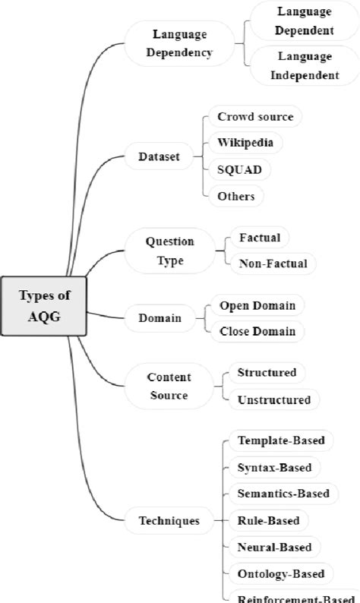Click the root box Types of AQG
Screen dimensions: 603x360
coord(43,306)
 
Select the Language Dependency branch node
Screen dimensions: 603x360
coord(181,43)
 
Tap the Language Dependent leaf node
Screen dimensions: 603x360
coord(305,21)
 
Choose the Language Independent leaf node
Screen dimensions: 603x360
coord(305,66)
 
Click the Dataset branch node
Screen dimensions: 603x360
coord(159,157)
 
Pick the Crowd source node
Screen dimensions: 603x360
coord(254,117)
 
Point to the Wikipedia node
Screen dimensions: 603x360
coord(239,142)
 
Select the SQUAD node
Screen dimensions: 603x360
coord(239,169)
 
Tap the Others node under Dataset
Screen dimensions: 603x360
coord(235,195)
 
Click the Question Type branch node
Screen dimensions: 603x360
coord(169,251)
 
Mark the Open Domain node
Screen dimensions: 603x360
coord(257,305)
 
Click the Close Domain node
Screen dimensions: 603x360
coord(257,331)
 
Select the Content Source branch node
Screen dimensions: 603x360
coord(169,386)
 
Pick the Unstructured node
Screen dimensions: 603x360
coord(273,399)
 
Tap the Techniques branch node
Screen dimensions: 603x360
coord(169,521)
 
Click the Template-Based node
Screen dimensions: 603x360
coord(281,440)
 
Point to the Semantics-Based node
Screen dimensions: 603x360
coord(283,494)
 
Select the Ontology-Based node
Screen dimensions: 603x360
coord(280,573)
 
